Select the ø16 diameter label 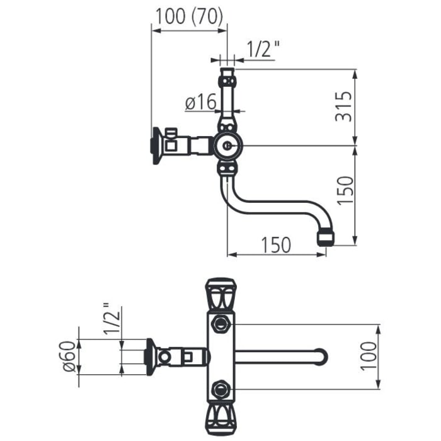(200, 101)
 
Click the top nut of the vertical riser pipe (227, 81)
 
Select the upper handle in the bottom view (220, 294)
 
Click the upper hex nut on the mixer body (220, 325)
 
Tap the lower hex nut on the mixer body (220, 389)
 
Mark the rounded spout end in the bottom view (321, 357)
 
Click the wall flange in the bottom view (151, 357)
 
